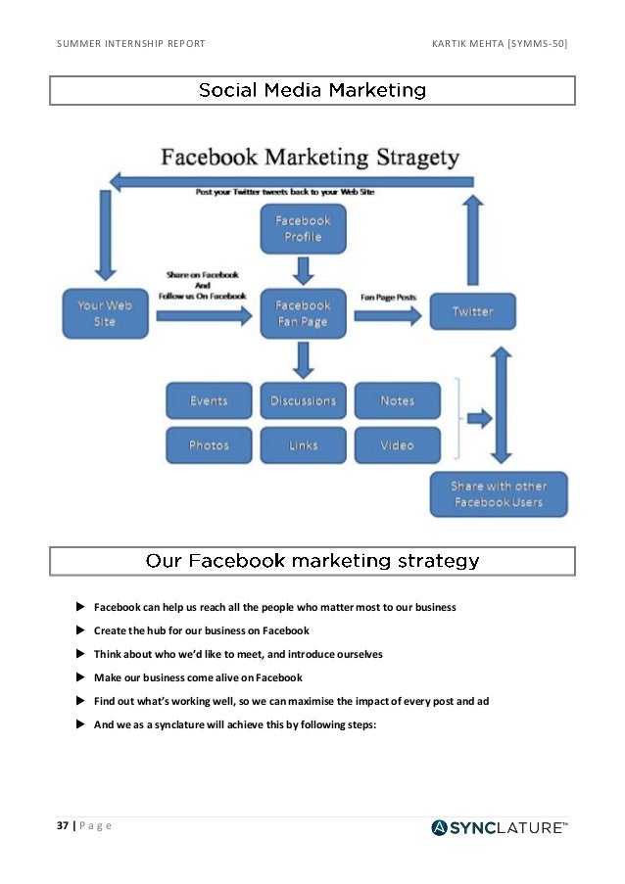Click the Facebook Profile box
[303, 229]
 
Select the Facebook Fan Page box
[303, 313]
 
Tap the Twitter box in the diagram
[472, 311]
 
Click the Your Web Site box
[105, 313]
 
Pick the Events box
[209, 400]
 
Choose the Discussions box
[303, 400]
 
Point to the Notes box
[397, 400]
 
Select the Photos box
[209, 445]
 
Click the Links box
[303, 445]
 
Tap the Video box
[397, 445]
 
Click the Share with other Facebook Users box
[499, 494]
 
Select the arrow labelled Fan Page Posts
[389, 315]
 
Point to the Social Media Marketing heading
[312, 91]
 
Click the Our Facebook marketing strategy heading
[312, 561]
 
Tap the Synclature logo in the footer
[499, 828]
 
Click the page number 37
[62, 825]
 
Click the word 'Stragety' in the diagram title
[410, 158]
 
